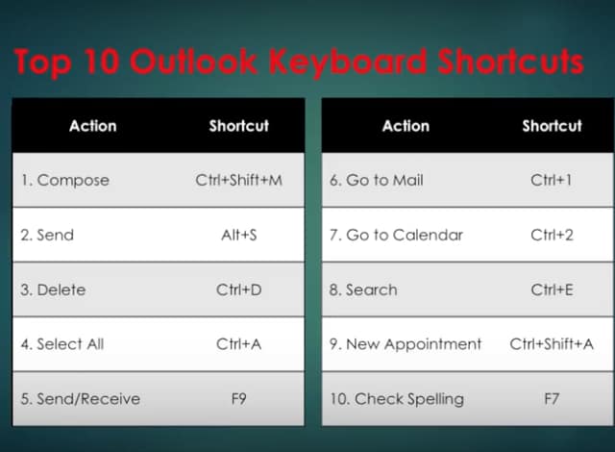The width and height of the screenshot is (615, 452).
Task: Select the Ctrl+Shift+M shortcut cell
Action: [x=239, y=180]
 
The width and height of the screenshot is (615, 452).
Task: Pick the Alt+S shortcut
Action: [x=239, y=235]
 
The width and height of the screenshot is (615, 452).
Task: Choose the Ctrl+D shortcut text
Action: [x=239, y=289]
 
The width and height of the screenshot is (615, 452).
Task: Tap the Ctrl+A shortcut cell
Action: [x=239, y=343]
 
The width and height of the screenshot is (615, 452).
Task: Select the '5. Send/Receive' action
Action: [x=80, y=398]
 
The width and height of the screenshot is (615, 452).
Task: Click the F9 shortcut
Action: [x=239, y=398]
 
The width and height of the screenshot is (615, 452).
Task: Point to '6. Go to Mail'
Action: [x=376, y=180]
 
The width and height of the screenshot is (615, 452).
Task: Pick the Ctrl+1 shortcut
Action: [x=552, y=180]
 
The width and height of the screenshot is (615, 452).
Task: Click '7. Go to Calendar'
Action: [x=396, y=235]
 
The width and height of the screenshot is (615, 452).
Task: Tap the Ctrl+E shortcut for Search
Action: [x=552, y=289]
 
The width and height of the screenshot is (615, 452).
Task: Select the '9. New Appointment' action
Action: [x=406, y=343]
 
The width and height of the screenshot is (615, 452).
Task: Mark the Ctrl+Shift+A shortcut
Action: [x=552, y=343]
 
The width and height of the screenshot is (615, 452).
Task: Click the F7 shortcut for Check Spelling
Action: [x=552, y=398]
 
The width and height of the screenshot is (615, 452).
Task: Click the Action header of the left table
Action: [x=92, y=126]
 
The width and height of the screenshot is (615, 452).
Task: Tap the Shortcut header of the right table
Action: [x=552, y=126]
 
